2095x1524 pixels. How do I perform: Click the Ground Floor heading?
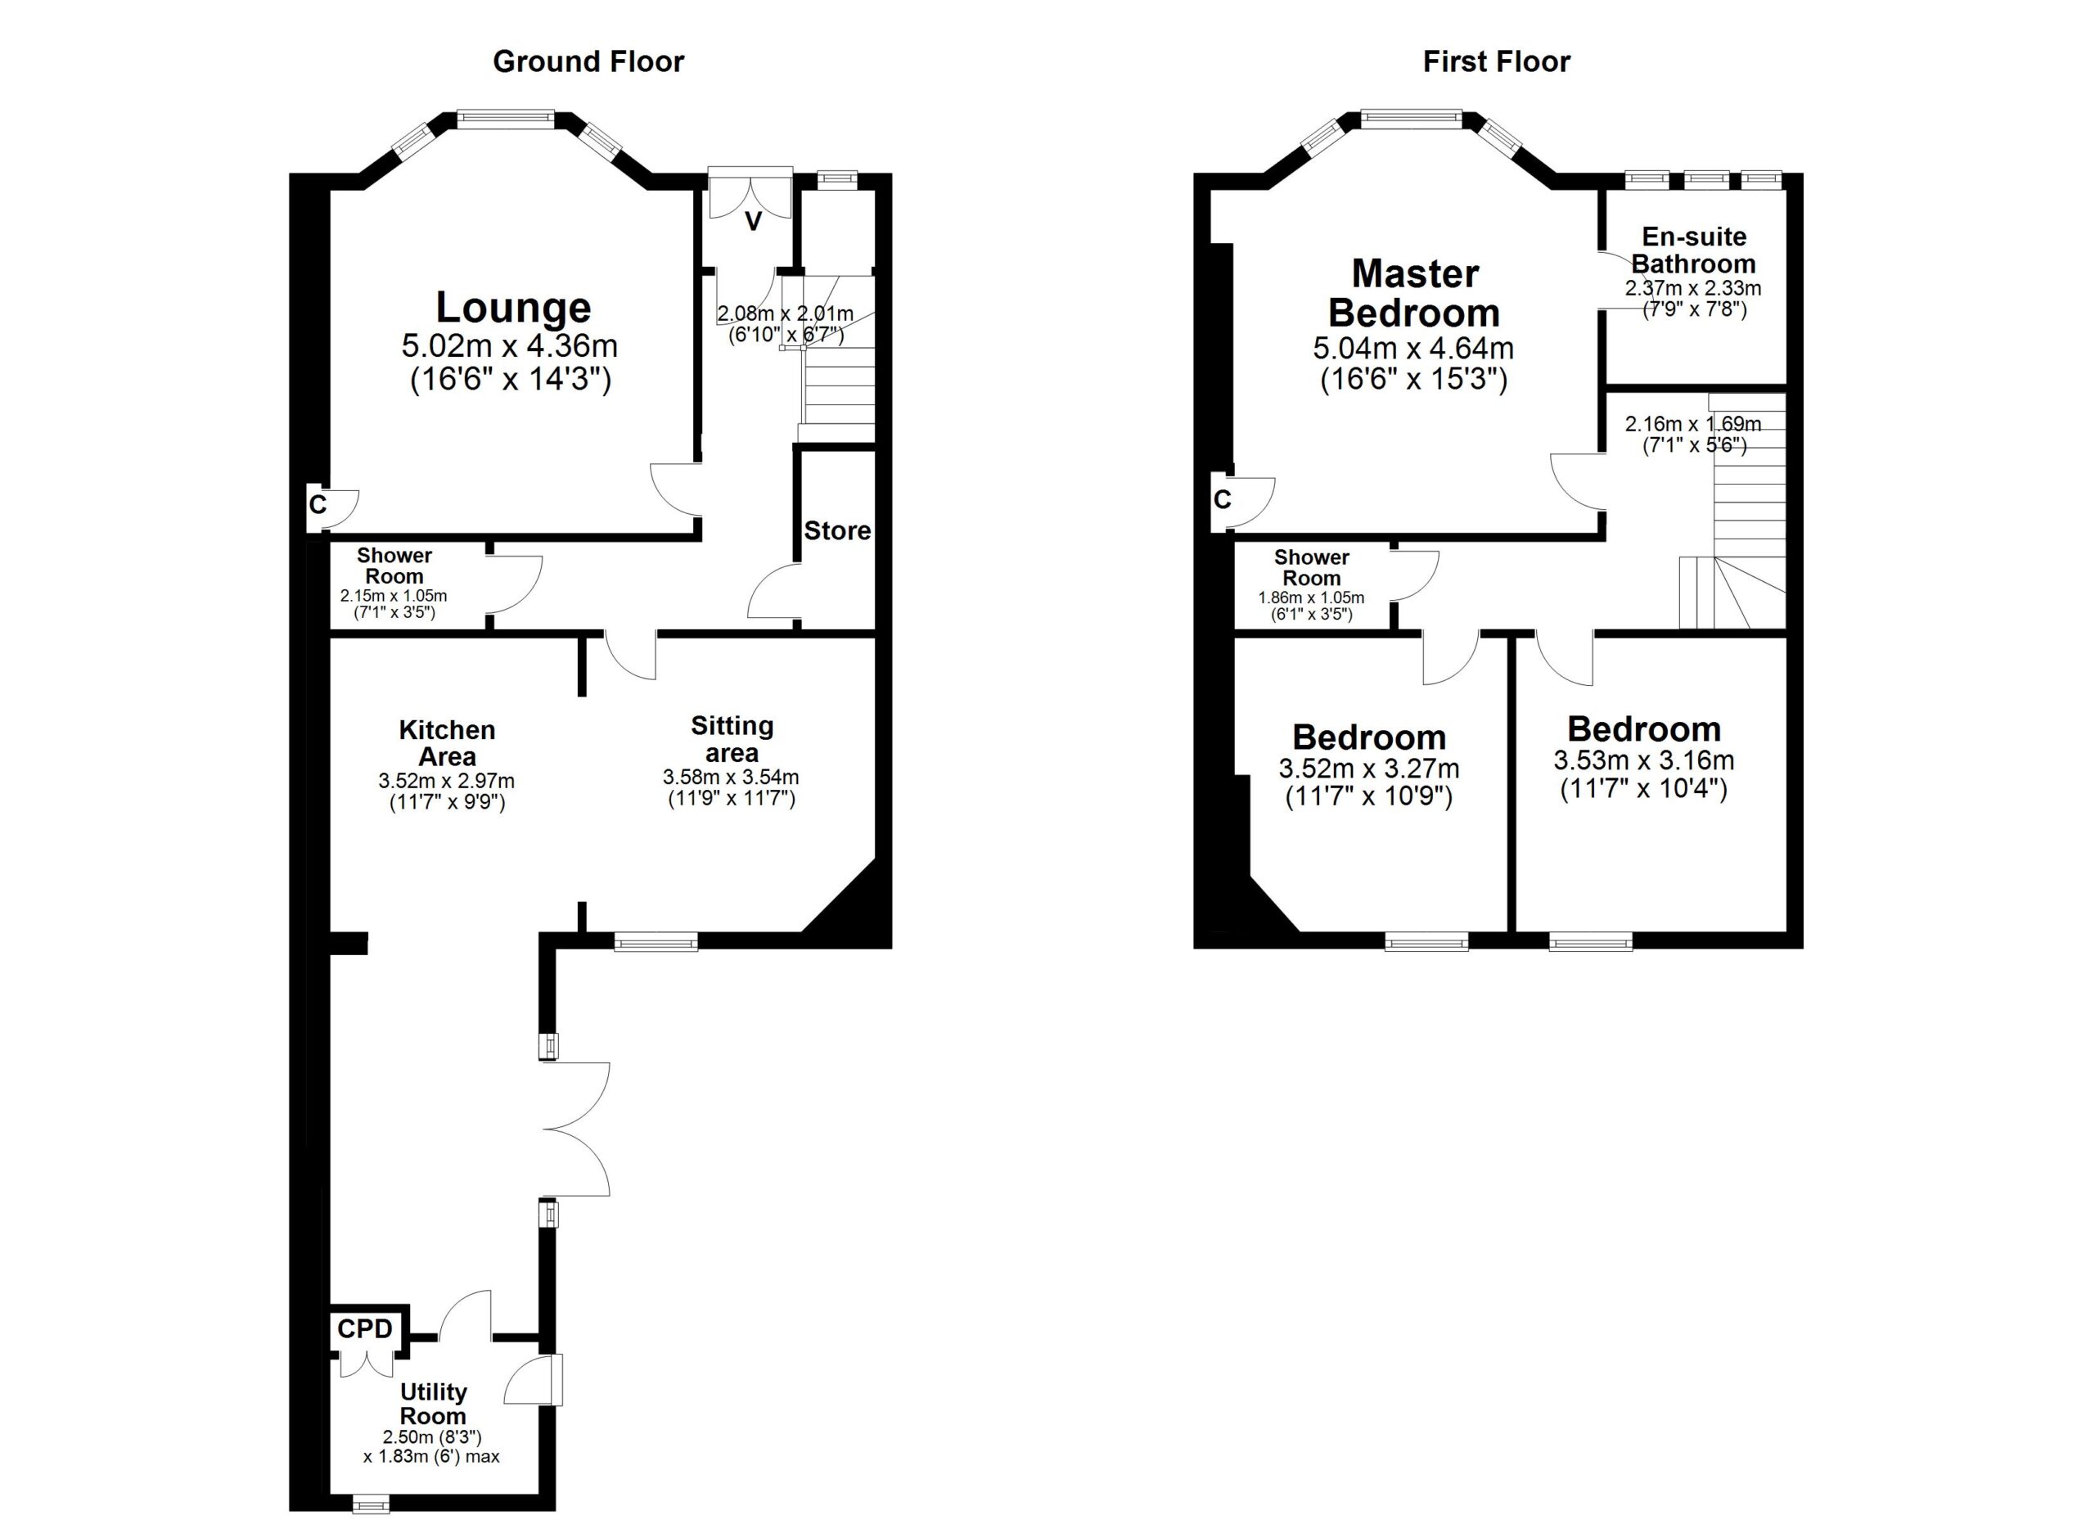[588, 62]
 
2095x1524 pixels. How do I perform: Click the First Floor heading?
[1497, 62]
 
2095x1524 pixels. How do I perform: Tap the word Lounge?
[514, 308]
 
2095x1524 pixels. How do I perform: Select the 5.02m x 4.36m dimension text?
[510, 346]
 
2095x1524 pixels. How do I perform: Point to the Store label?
[837, 530]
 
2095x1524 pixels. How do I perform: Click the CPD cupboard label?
[365, 1328]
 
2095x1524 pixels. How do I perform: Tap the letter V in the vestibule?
[754, 222]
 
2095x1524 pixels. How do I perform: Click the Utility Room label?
[433, 1404]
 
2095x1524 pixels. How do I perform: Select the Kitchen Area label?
[447, 742]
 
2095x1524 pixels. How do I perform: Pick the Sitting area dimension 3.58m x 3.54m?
[731, 778]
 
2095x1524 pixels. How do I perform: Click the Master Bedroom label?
[1414, 294]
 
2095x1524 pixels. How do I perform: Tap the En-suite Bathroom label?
[1694, 250]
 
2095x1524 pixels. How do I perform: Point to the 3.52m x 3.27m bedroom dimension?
[1369, 769]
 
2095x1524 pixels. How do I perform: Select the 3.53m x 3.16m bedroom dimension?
[1644, 761]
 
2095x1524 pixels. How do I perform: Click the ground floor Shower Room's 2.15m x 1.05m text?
[394, 596]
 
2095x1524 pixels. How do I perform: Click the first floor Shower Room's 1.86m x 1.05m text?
[1311, 597]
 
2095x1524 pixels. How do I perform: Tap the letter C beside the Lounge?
[318, 505]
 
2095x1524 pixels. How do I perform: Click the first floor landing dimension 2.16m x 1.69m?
[1693, 424]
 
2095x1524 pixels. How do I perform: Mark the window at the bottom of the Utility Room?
[372, 1505]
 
